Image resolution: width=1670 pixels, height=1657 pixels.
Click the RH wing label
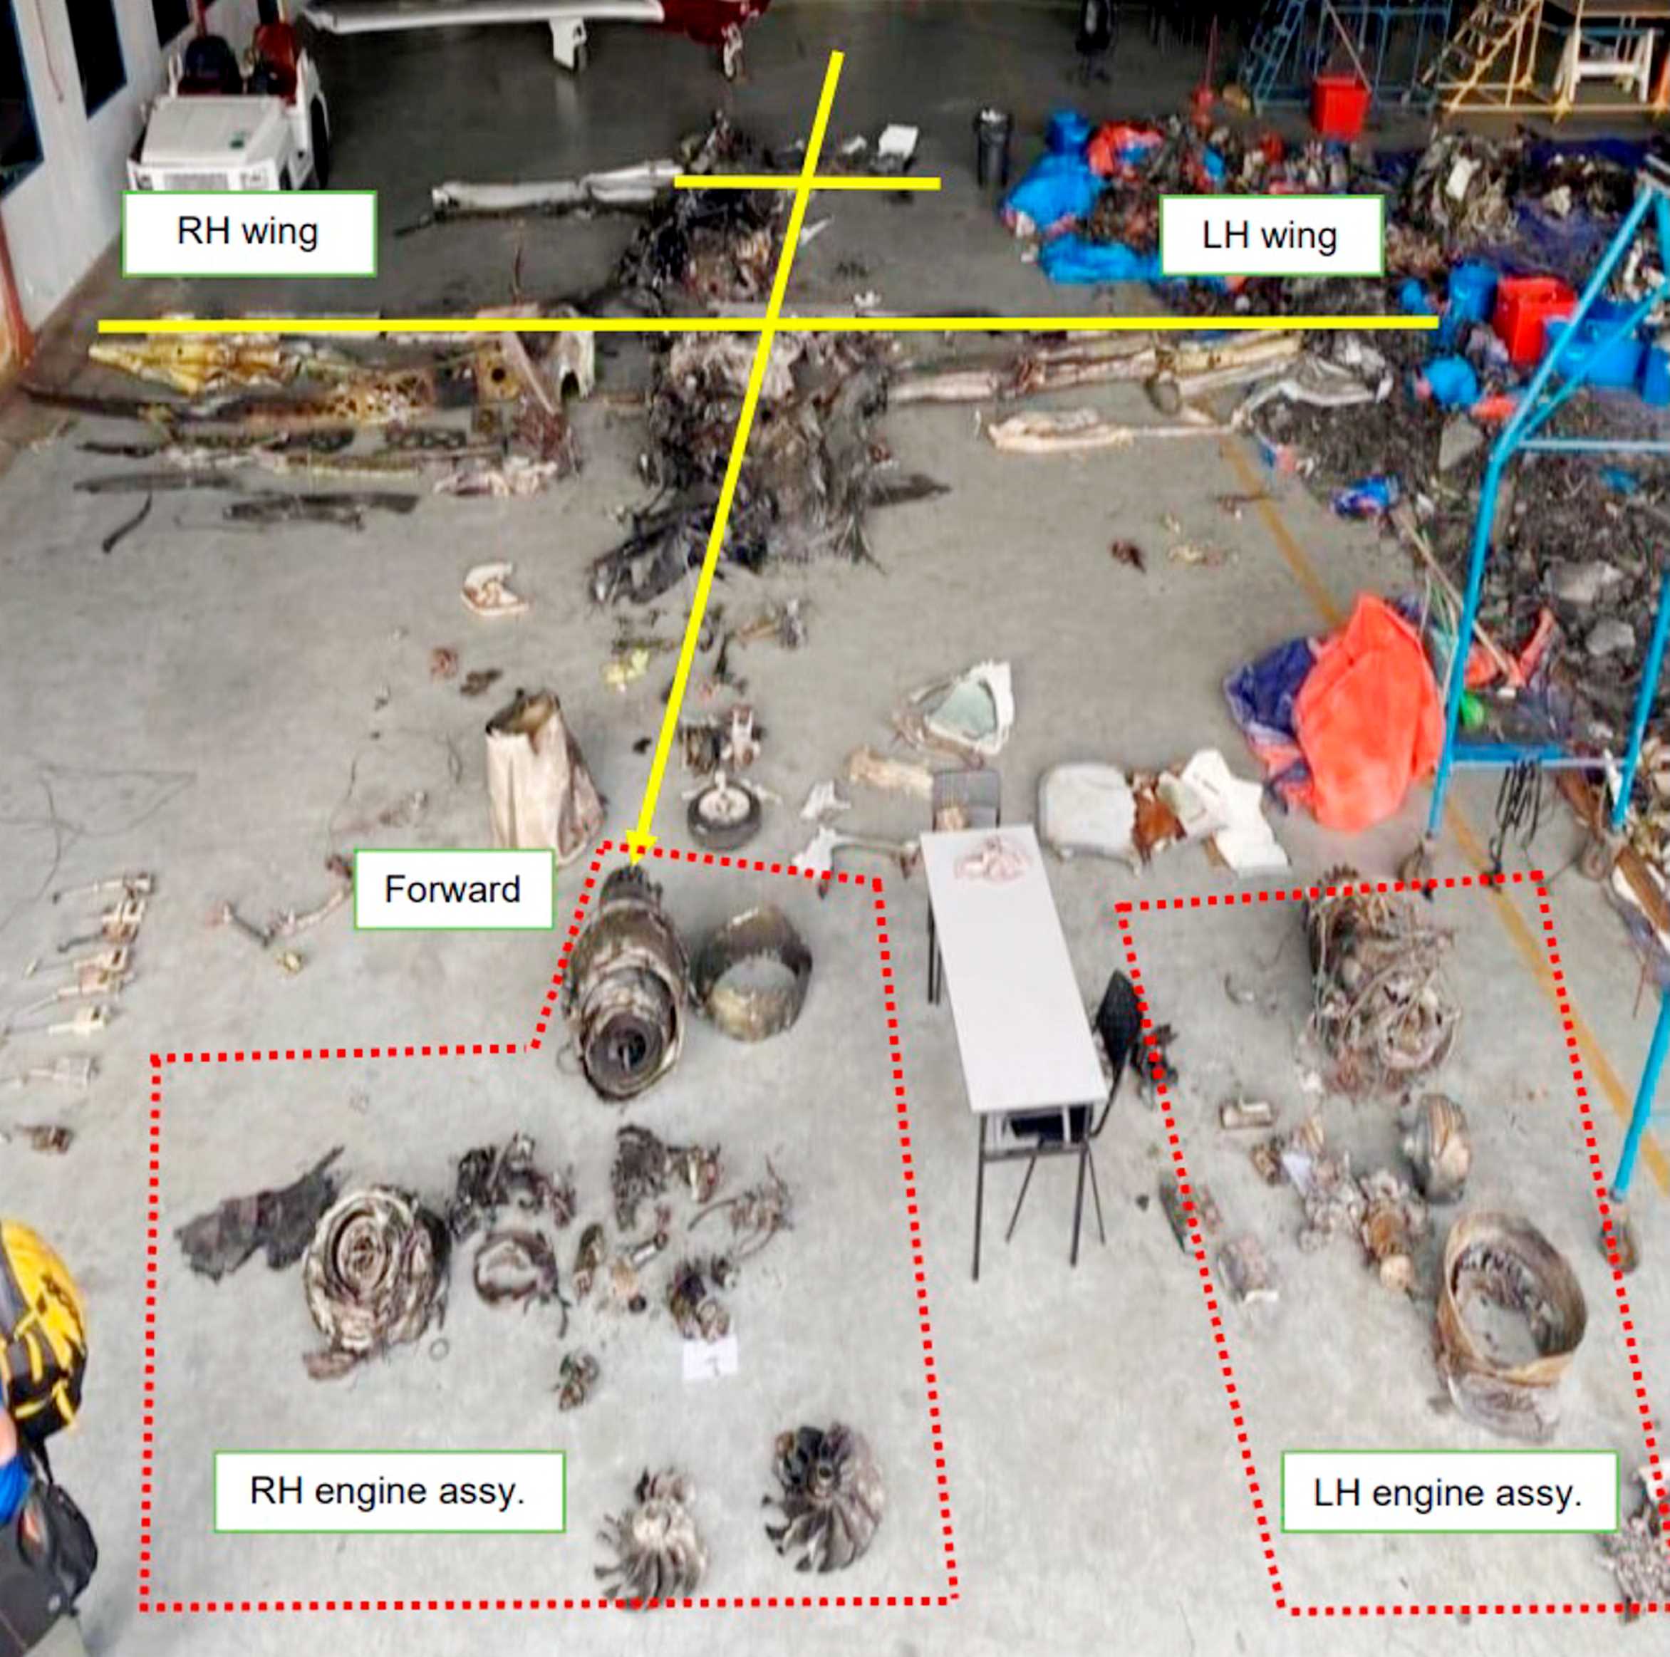(249, 234)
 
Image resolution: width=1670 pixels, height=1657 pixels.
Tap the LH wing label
(1270, 236)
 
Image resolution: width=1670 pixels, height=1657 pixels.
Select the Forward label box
(453, 890)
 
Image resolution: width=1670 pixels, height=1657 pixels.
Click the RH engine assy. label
(388, 1491)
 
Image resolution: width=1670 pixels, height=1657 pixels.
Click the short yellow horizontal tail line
(807, 182)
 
